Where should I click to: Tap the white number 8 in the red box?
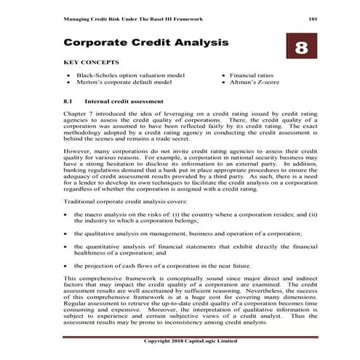[301, 47]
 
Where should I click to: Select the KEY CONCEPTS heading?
[92, 63]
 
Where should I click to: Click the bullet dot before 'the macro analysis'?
[67, 215]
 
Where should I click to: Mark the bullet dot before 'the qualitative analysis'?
[67, 234]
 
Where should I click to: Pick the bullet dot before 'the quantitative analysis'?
[67, 247]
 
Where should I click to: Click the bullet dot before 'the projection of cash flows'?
[67, 266]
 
